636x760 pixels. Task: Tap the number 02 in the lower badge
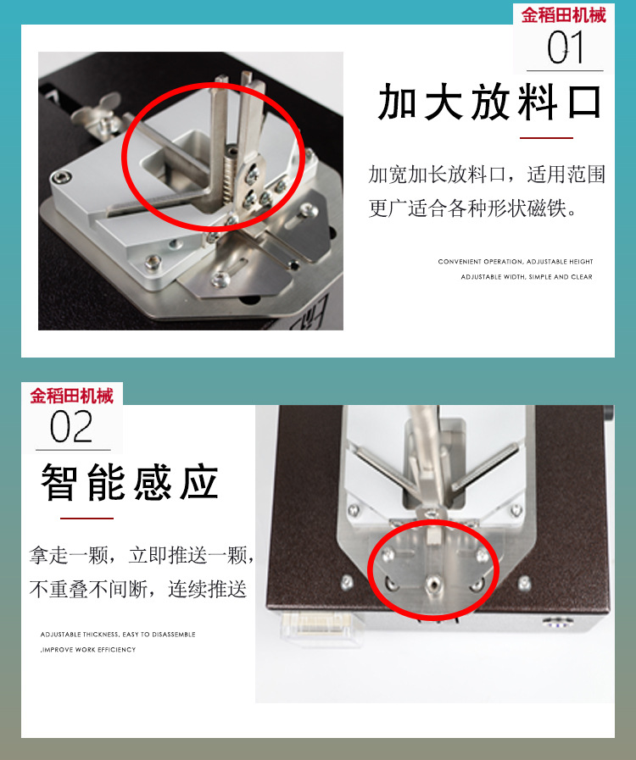coord(71,428)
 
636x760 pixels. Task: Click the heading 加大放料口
coord(490,103)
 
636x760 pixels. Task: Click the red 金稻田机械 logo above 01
coord(564,15)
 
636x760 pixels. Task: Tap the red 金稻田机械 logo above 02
coord(72,396)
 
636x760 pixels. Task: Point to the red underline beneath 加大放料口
coord(546,137)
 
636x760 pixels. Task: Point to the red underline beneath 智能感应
coord(86,518)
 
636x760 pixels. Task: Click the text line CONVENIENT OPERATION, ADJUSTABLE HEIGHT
coord(516,262)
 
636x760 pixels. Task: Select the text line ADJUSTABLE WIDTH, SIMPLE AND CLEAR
coord(527,277)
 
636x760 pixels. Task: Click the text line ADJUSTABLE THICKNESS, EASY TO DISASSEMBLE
coord(118,634)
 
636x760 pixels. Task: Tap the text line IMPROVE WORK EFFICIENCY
coord(89,650)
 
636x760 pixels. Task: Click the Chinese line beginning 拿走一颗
coord(141,557)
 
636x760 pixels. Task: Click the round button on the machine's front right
coord(555,625)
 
